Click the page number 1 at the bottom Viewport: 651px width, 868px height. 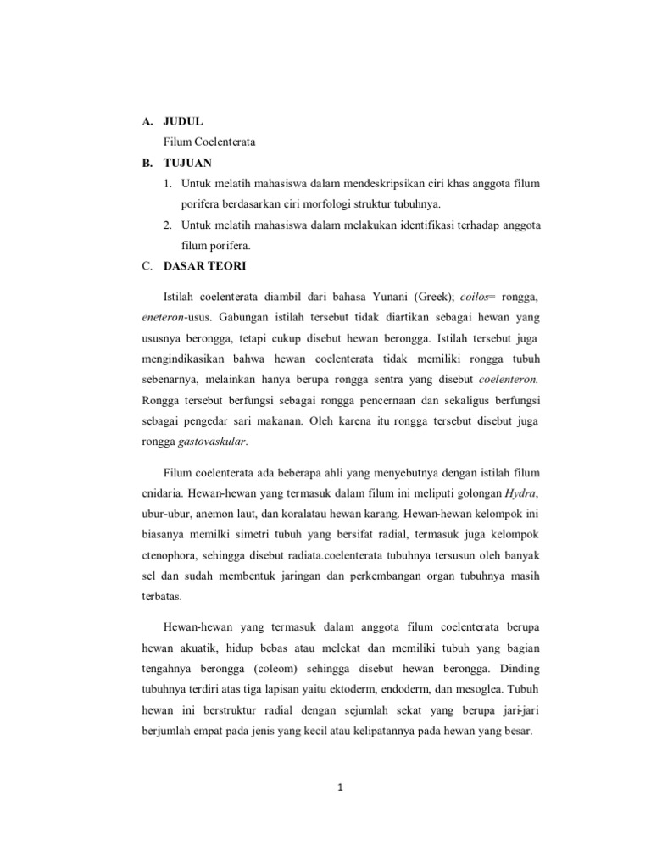click(x=337, y=790)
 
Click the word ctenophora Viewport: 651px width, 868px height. click(x=169, y=555)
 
